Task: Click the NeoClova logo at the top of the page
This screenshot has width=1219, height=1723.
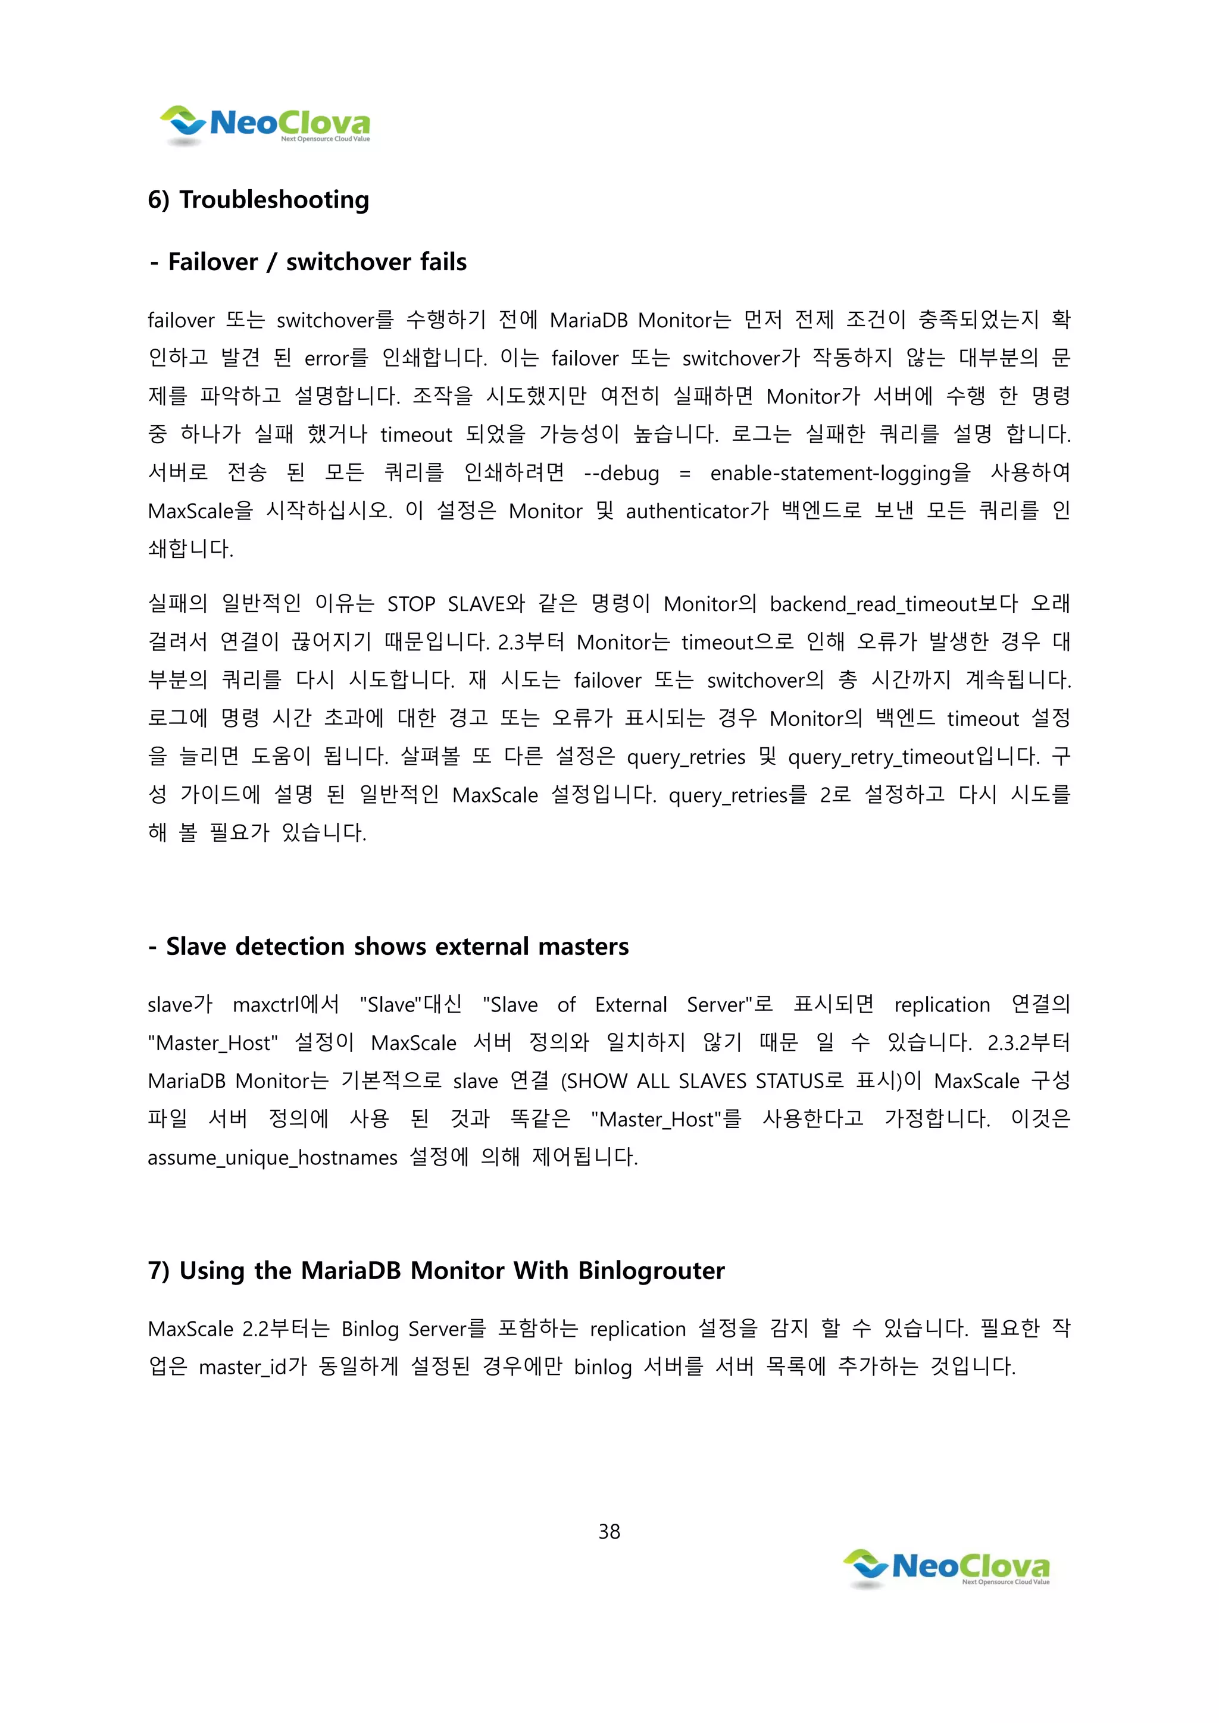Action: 264,124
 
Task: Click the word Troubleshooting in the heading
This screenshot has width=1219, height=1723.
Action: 274,200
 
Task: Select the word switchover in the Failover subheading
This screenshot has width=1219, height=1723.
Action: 348,262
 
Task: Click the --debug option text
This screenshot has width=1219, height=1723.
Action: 621,473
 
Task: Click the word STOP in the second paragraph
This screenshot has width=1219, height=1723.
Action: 411,604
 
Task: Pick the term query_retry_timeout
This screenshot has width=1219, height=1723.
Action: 880,756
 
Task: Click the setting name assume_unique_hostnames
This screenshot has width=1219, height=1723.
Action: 273,1157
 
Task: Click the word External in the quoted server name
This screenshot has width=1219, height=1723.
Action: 630,1004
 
